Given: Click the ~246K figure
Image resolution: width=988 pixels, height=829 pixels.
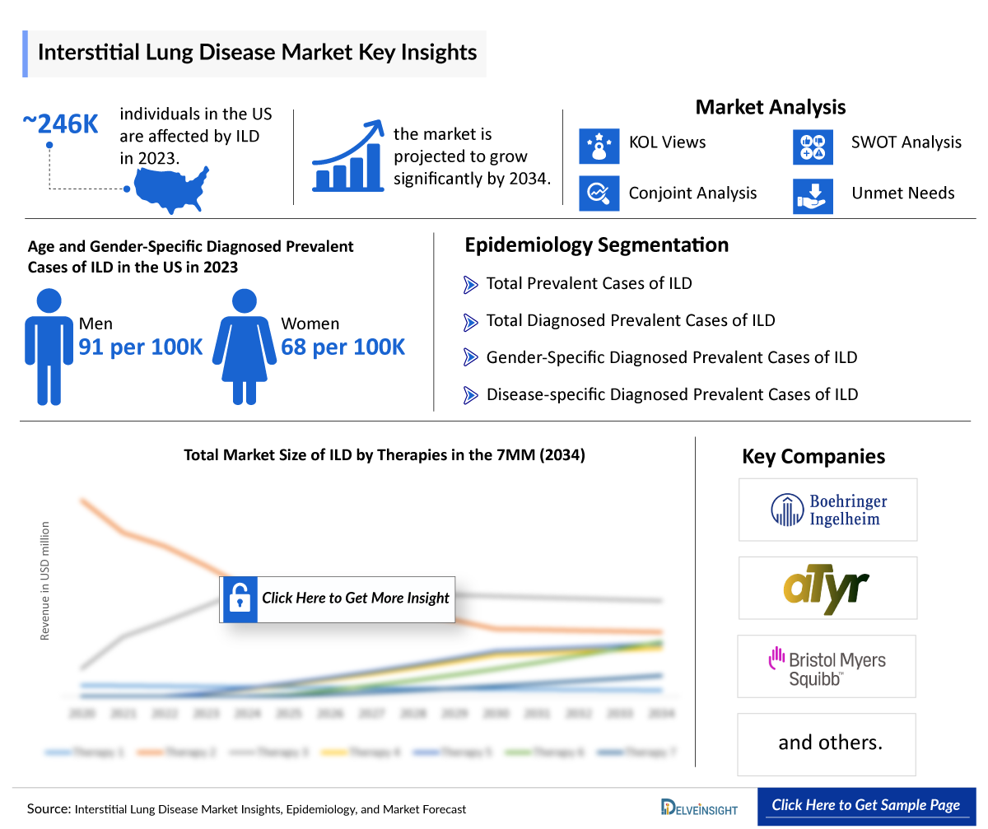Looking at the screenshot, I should pos(60,123).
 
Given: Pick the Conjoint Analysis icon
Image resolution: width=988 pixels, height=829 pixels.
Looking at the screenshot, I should pos(599,194).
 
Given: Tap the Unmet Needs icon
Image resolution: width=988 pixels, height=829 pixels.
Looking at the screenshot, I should pos(813,194).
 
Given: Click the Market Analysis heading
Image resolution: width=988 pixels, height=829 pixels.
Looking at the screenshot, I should pos(770,107).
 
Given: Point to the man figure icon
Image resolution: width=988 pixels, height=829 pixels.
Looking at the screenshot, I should pos(49,346).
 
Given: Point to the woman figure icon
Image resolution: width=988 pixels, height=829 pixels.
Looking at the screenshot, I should pos(244,346).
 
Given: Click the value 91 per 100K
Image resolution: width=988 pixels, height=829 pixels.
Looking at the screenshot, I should pos(141,347).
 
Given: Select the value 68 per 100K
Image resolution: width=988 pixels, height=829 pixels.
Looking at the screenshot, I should pos(343,347).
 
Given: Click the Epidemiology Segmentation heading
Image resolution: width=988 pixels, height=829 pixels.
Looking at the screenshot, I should pos(596,245).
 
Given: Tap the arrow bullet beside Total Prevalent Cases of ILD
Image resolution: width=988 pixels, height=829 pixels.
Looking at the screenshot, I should pos(471,285).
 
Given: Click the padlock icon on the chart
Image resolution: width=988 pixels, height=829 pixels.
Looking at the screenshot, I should pos(240,598).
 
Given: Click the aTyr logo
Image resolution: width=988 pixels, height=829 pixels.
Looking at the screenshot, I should pos(826,588).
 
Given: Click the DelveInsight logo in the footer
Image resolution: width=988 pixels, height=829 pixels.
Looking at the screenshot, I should pos(699,808).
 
